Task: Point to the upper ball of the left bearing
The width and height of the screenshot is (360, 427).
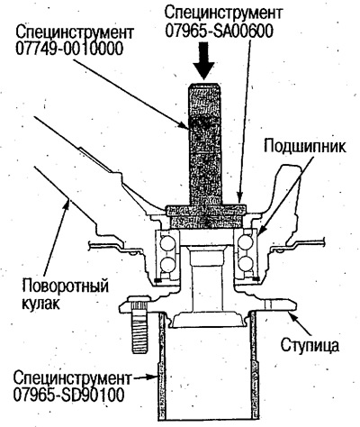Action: click(x=166, y=241)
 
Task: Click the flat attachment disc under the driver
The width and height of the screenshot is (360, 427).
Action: click(x=205, y=213)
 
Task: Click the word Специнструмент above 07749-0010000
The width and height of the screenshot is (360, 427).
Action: click(x=69, y=31)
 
